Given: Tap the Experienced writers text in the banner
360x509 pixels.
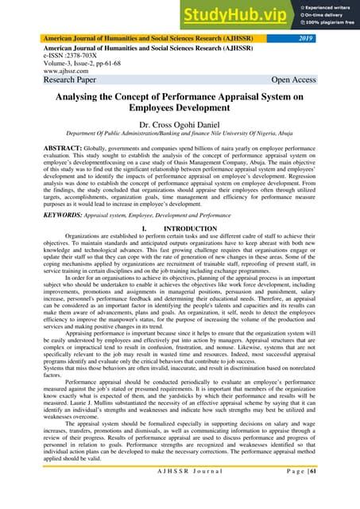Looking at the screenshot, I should click(x=320, y=7).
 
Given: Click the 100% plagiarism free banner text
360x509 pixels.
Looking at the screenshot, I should click(x=322, y=24).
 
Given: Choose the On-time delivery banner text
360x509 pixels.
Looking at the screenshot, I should click(x=317, y=16).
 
